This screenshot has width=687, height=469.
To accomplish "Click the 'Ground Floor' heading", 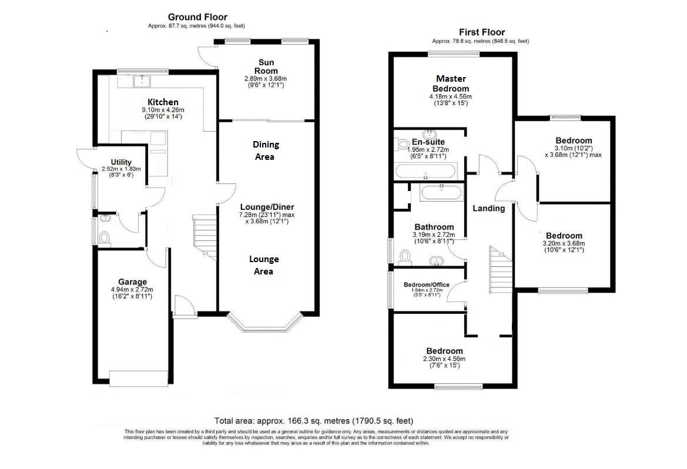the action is pos(197,17).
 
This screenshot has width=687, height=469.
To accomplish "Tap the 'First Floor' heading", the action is pos(481,32).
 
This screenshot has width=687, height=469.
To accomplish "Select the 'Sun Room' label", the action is pos(266,66).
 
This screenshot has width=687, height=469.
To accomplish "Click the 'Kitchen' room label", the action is pos(163,102).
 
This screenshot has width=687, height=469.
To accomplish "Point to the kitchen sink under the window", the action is pos(142,81).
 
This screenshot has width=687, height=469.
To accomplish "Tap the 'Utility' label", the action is pos(121,162).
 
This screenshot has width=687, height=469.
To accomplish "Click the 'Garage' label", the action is pos(132,282).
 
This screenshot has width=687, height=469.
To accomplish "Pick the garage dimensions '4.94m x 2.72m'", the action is pos(132,290).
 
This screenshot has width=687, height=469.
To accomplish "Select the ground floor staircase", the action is pos(206,237).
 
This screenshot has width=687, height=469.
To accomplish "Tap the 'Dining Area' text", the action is pos(266,150).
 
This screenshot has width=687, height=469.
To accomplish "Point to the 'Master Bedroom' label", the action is pos(451,83).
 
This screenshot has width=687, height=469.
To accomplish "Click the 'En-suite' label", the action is pos(428,142).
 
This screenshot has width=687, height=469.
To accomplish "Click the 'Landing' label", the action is pos(488,209).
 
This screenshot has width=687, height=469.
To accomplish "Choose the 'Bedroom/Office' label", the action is pos(426,285).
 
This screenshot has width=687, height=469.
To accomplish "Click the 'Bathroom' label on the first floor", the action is pos(434,227).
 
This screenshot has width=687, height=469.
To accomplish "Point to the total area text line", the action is pos(314,421).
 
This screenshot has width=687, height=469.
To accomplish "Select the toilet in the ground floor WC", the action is pos(104,238).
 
